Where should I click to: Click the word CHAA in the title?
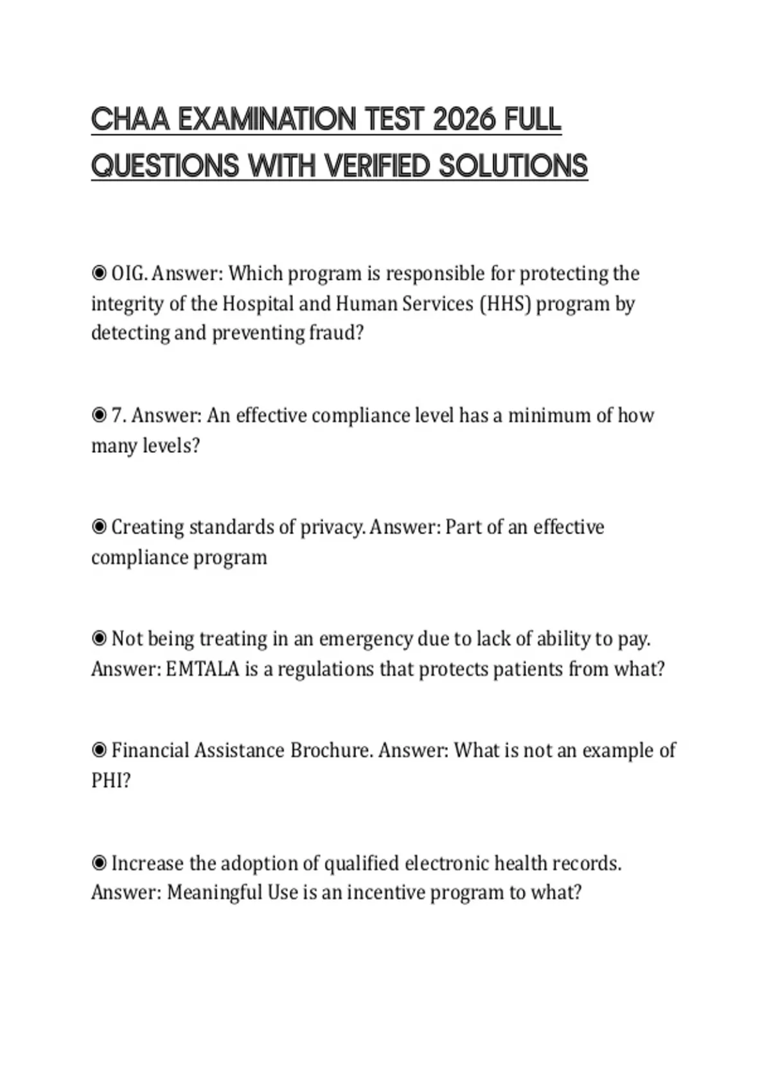pos(131,120)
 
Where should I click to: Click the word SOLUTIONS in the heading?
pos(513,166)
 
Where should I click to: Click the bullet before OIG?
pos(99,274)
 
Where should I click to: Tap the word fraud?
pos(336,333)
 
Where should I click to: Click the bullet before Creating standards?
pos(99,527)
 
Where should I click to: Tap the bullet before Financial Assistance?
pos(99,751)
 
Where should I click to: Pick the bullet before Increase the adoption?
pos(99,863)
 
